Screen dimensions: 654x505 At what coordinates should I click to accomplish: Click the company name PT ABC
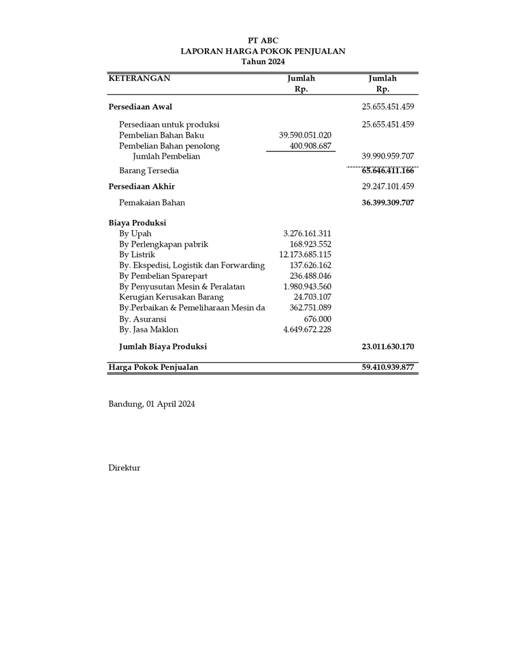click(263, 41)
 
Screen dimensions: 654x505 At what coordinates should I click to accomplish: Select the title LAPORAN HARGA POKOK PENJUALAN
click(263, 51)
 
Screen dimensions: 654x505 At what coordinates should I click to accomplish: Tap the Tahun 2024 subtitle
click(263, 61)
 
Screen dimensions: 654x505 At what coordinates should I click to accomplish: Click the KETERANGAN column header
click(139, 78)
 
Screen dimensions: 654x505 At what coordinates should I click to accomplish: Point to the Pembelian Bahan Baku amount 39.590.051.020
click(305, 135)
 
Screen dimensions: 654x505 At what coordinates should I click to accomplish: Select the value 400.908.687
click(310, 146)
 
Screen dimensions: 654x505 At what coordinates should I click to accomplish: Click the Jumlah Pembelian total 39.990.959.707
click(388, 156)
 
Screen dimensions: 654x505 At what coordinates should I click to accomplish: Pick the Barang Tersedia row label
click(149, 170)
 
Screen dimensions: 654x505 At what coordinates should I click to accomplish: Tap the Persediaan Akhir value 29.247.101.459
click(388, 186)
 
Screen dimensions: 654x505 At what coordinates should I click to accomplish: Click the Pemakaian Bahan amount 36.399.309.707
click(388, 202)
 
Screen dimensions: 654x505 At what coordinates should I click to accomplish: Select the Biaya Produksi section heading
click(137, 223)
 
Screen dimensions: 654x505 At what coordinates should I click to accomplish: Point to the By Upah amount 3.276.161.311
click(307, 234)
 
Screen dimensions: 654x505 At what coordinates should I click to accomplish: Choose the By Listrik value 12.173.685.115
click(305, 255)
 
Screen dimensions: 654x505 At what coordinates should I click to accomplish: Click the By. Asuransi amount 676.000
click(317, 319)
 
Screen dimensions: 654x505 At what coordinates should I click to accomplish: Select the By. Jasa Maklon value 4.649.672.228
click(307, 330)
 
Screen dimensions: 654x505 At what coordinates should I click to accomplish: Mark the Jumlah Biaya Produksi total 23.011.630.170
click(388, 347)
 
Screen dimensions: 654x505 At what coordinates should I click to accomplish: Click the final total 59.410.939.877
click(388, 367)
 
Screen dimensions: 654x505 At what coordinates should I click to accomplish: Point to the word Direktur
click(124, 468)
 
